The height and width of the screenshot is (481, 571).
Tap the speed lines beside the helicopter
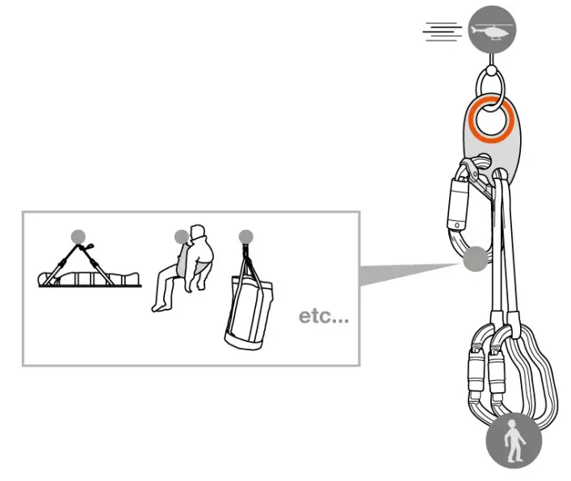click(443, 31)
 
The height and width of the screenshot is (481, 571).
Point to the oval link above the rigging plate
click(491, 82)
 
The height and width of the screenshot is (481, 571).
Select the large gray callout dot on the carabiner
click(476, 259)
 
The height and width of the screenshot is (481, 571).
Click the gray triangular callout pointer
click(404, 271)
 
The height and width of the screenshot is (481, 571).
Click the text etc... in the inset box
click(324, 316)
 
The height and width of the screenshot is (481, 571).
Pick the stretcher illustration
click(89, 270)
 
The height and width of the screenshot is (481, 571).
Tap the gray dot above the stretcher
click(78, 236)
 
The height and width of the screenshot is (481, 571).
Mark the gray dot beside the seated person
click(182, 236)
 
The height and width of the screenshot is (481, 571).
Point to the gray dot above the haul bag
click(246, 236)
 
